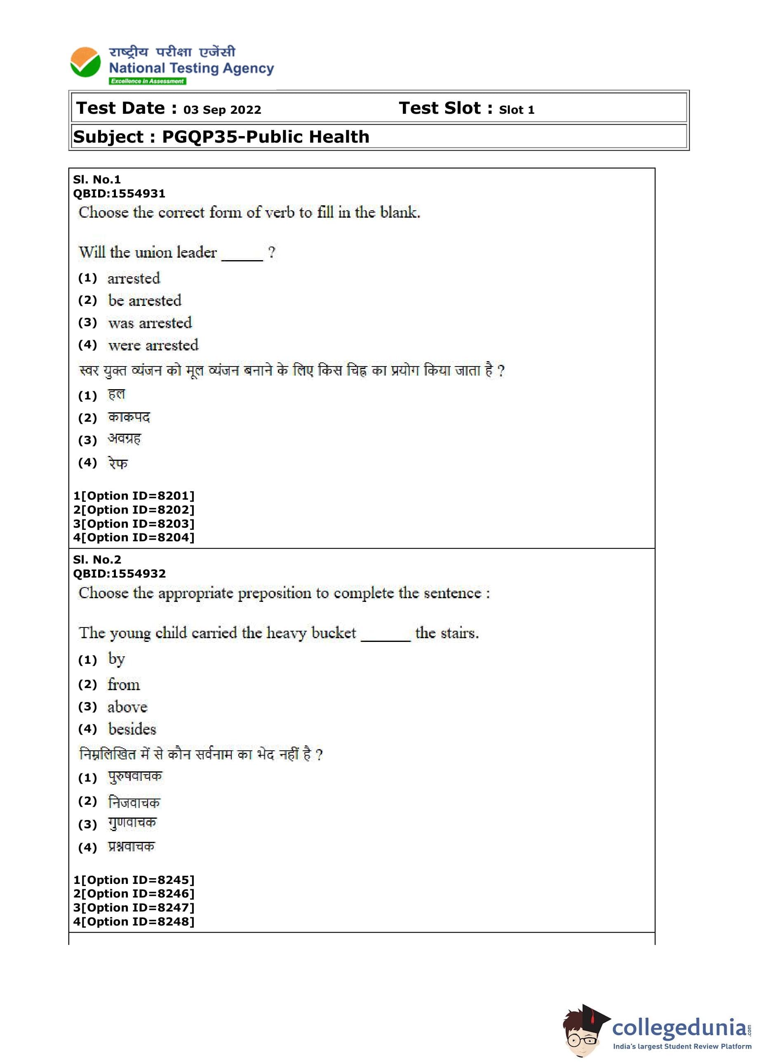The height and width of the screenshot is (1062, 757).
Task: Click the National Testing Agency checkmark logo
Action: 85,62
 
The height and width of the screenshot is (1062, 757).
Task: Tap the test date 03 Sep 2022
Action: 222,110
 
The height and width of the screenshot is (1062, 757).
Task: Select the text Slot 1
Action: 517,110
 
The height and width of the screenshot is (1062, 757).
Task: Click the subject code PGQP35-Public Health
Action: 265,137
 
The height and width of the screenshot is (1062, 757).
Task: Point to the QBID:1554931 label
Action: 119,193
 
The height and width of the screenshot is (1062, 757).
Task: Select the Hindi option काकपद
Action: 129,417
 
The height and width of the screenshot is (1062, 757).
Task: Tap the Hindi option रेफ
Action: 118,463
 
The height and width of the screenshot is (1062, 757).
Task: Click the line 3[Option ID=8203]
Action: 134,524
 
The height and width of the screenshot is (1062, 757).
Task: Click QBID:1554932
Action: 119,573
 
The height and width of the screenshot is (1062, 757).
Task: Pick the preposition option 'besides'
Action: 132,729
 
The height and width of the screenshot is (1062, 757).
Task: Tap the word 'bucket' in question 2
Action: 333,633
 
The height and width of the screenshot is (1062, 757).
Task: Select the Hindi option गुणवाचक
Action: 132,823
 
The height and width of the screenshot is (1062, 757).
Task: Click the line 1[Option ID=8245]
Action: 134,880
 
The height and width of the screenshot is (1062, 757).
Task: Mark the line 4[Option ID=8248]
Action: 134,922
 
